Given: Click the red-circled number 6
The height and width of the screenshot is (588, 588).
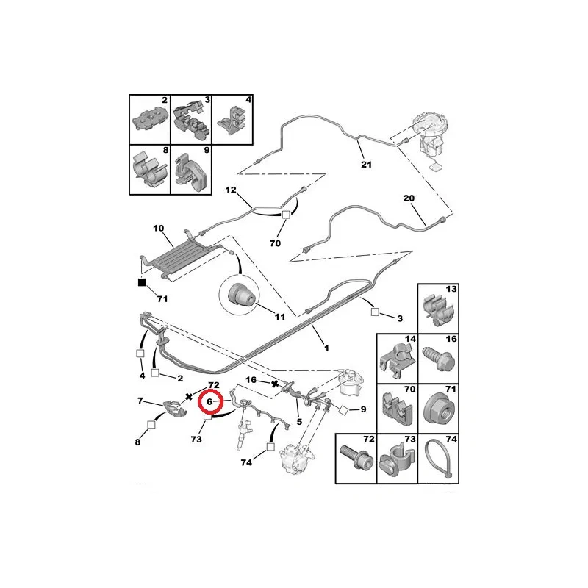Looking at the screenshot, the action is point(209,401).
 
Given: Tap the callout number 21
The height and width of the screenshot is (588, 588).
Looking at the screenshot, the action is point(366,164).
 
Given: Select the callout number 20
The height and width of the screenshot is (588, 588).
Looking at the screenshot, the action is point(409,198).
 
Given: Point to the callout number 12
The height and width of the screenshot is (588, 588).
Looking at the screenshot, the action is point(231,190).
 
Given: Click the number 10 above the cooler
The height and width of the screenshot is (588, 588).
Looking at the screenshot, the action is point(159,228).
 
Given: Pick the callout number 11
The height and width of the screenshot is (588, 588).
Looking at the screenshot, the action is point(280,317).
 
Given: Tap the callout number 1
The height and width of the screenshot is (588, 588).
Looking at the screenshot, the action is point(326,348).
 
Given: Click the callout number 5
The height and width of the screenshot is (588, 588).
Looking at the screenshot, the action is point(299,422).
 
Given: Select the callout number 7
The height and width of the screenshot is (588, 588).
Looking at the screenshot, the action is point(140,401).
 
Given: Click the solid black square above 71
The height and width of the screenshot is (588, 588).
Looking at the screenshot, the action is point(142,282).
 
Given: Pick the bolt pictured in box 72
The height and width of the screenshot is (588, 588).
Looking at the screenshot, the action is point(356,457).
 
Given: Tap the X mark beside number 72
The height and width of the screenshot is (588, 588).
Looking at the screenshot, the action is point(189,396).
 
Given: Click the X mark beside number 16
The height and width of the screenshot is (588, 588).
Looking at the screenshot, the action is point(275,383).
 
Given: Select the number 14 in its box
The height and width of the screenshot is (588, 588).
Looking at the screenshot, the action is point(410,339).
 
